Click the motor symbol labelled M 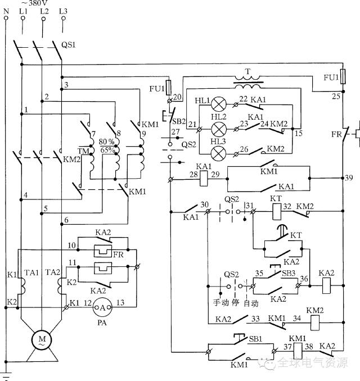pos(42,339)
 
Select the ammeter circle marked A pos(102,307)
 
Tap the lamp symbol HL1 pos(218,105)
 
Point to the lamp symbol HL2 pos(218,129)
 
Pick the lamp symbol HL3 pos(218,153)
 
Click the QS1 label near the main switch pos(69,45)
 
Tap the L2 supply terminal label pos(44,11)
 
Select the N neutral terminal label pos(6,11)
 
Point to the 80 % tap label pos(106,142)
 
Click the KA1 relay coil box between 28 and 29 pos(204,178)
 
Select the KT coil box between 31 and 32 pos(277,211)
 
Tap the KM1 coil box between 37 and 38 pos(298,351)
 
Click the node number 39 pos(349,178)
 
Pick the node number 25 pos(336,97)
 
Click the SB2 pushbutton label pos(179,121)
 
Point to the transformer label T pos(247,71)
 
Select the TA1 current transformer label pos(31,273)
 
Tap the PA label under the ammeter pos(102,323)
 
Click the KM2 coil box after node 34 pos(315,323)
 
